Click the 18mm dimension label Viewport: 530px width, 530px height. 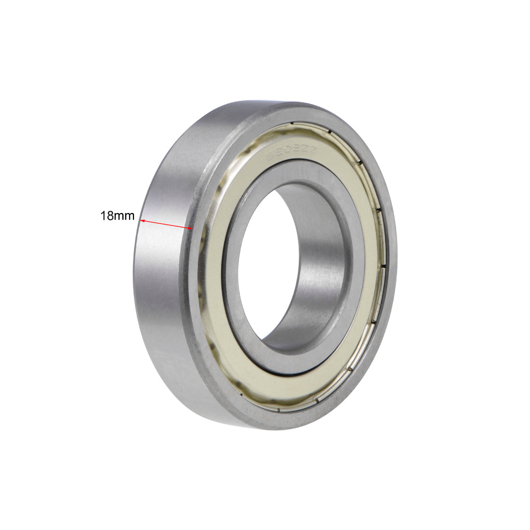pyautogui.click(x=117, y=216)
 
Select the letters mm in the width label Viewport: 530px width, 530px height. pyautogui.click(x=125, y=216)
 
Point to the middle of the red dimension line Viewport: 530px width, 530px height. pyautogui.click(x=166, y=224)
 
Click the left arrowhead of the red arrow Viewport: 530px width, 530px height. pyautogui.click(x=142, y=220)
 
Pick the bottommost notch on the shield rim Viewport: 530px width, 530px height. pyautogui.click(x=278, y=410)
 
